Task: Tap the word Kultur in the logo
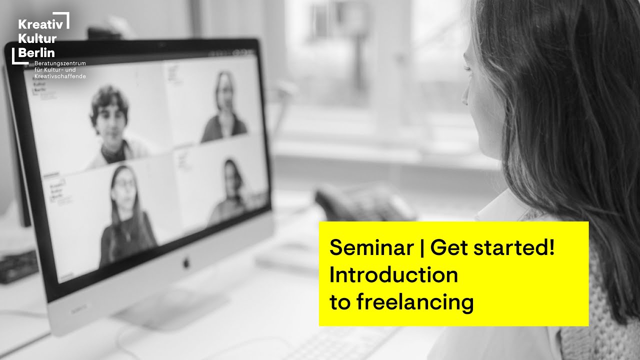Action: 37,38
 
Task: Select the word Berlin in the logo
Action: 36,52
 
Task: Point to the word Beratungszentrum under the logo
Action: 60,63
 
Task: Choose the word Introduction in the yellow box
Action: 393,275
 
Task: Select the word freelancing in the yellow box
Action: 415,302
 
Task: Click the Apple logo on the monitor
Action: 186,261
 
